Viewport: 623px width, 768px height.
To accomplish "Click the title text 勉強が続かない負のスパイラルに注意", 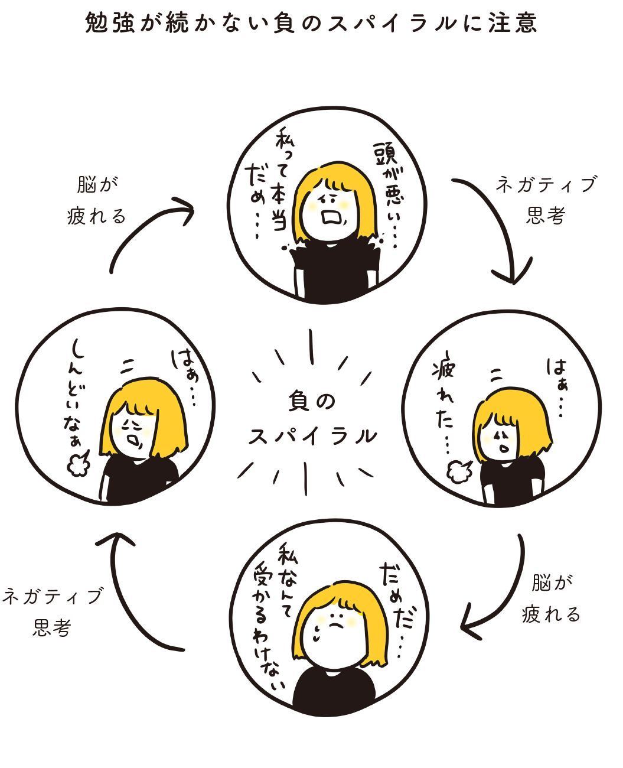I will point(311,23).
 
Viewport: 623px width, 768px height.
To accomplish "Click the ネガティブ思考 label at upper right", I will point(546,200).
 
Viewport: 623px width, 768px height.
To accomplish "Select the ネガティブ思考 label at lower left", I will point(52,611).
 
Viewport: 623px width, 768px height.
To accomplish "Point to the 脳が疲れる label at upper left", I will point(96,200).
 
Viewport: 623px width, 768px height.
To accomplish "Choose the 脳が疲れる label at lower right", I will point(552,599).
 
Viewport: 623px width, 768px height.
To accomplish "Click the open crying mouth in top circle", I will point(331,216).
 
